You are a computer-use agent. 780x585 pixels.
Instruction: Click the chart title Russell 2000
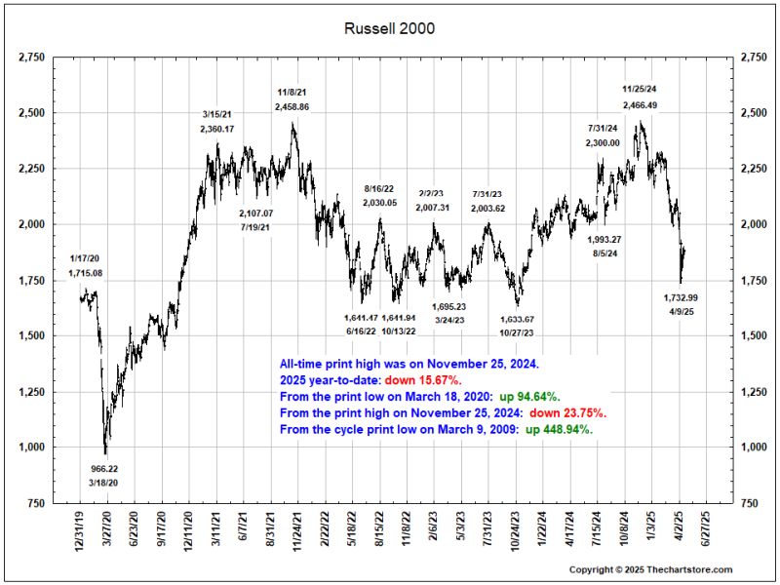(x=390, y=28)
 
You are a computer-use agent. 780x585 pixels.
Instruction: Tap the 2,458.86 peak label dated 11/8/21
(x=292, y=106)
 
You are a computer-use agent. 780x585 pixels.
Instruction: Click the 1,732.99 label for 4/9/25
(x=682, y=297)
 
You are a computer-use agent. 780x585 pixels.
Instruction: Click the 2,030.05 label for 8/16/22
(x=379, y=202)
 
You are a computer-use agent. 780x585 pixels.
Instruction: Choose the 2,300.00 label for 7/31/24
(x=603, y=142)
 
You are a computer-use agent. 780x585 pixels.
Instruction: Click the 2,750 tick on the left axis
(x=32, y=58)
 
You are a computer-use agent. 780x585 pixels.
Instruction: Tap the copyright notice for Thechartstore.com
(x=649, y=569)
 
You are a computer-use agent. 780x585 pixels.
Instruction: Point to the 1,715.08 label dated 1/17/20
(x=85, y=273)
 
